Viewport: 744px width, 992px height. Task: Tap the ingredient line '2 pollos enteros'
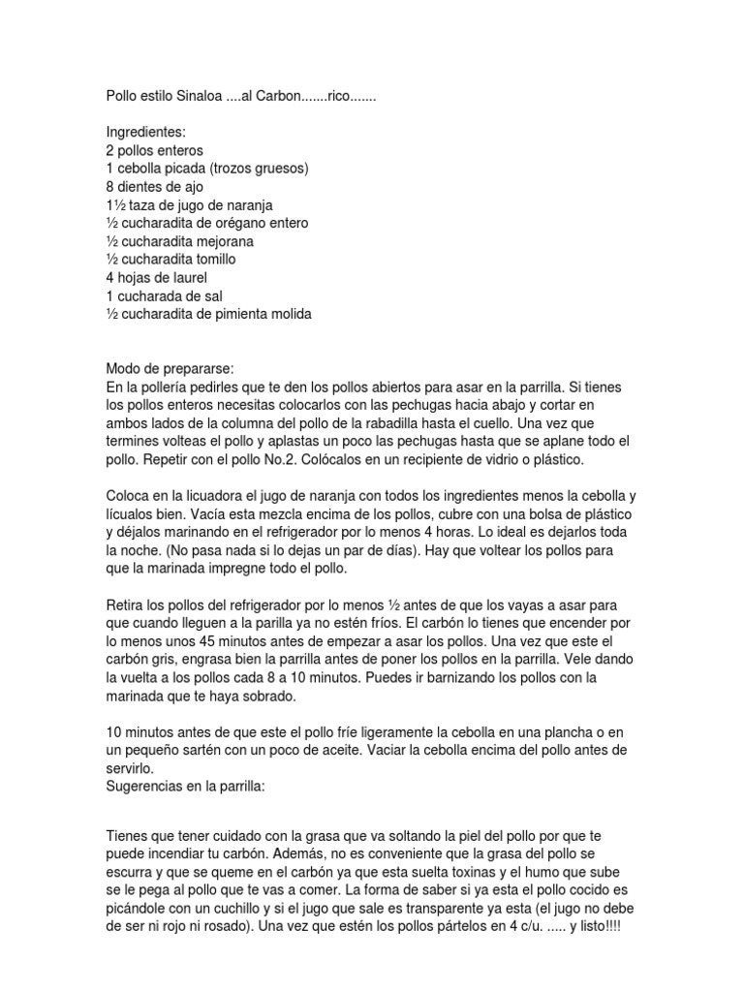coord(155,151)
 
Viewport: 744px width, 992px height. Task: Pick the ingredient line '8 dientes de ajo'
coord(156,187)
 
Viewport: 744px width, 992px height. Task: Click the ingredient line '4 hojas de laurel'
coord(157,278)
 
